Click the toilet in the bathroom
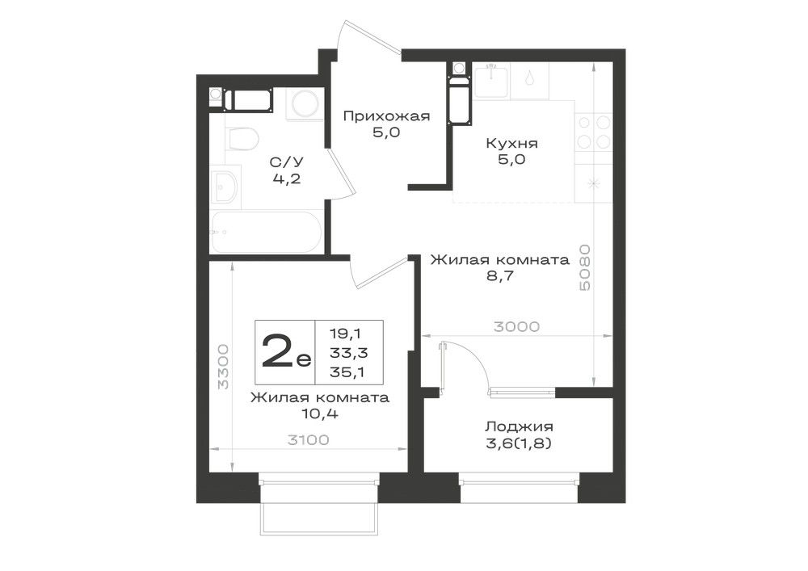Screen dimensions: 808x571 click(241, 138)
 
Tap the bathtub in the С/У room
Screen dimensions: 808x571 click(266, 232)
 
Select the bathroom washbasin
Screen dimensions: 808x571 click(225, 187)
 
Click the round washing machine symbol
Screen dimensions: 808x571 click(305, 104)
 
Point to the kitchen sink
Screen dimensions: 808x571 click(491, 80)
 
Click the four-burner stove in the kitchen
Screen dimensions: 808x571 click(594, 132)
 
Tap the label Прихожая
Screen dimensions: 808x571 click(386, 115)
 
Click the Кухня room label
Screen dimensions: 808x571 click(511, 143)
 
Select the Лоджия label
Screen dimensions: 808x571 click(519, 426)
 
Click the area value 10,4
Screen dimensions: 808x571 click(320, 413)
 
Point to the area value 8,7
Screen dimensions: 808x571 click(500, 275)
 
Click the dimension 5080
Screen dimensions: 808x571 click(585, 268)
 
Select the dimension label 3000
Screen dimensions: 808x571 click(517, 326)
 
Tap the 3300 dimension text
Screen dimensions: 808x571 click(223, 367)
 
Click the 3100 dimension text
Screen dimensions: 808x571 click(308, 439)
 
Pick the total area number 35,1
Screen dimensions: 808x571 click(347, 372)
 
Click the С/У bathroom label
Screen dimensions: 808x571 click(287, 162)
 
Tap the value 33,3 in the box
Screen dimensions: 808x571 click(348, 353)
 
